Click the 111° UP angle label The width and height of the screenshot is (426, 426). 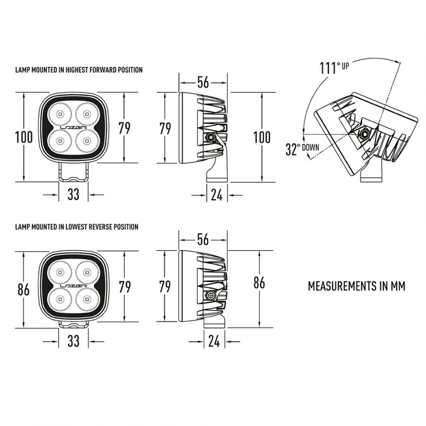click(334, 68)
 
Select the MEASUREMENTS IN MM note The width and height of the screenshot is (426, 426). click(356, 286)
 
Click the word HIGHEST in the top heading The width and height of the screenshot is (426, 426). click(77, 70)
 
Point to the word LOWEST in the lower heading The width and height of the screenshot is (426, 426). click(75, 227)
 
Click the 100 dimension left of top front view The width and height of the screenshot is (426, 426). click(24, 137)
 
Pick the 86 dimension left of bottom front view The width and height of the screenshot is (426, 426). click(24, 289)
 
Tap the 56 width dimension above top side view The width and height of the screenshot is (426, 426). click(203, 82)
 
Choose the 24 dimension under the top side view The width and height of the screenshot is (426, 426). click(216, 195)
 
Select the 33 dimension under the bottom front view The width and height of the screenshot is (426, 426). click(73, 341)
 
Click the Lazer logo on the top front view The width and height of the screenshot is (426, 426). click(73, 128)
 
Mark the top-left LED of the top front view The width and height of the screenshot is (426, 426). click(60, 114)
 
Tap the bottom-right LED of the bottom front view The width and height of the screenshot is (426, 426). click(87, 299)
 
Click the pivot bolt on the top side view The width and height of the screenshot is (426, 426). click(210, 137)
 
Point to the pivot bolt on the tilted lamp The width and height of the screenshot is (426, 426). click(364, 133)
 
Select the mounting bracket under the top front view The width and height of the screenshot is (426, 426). click(73, 172)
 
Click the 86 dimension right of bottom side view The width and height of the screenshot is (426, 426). click(259, 283)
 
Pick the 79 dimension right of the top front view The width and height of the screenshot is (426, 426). click(124, 128)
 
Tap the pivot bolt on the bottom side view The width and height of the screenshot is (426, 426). click(211, 295)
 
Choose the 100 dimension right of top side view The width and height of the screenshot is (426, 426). click(262, 137)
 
